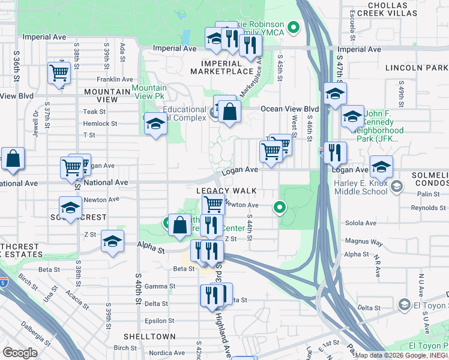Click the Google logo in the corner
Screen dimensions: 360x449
[x=20, y=353]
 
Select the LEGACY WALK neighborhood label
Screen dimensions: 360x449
[x=226, y=191]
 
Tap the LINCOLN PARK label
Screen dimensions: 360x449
[x=417, y=68]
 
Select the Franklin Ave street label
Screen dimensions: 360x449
[x=115, y=79]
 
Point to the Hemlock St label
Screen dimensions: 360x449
[x=100, y=124]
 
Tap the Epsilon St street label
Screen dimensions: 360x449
[x=159, y=321]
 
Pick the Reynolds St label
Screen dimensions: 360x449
[x=427, y=208]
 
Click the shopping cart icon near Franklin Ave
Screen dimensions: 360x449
[x=59, y=73]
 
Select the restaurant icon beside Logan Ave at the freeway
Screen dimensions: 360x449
[x=334, y=152]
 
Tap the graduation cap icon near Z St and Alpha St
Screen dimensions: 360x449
[x=112, y=241]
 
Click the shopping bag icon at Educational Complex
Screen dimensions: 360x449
[x=229, y=110]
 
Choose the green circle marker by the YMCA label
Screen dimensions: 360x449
[x=294, y=27]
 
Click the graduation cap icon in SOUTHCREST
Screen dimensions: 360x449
[x=71, y=208]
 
